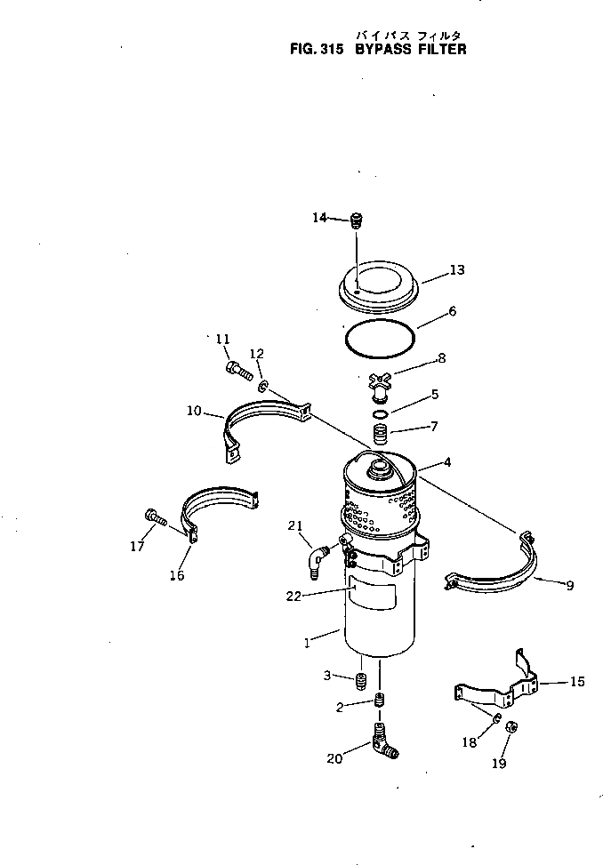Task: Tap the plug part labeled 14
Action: click(358, 220)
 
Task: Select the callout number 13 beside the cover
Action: click(456, 269)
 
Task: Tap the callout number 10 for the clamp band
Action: click(195, 411)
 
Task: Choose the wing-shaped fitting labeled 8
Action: click(380, 385)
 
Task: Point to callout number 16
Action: click(177, 575)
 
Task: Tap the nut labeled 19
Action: click(512, 727)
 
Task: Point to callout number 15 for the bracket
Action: click(577, 682)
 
